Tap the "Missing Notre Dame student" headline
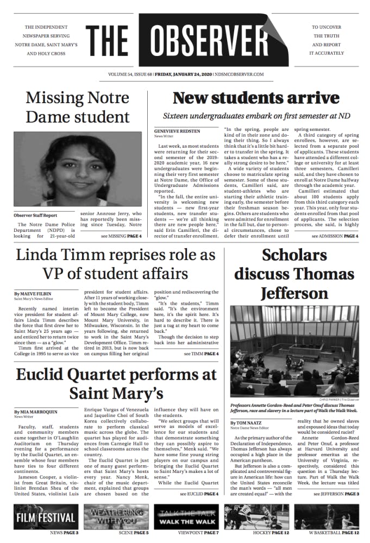click(x=78, y=108)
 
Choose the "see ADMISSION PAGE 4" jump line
click(x=335, y=237)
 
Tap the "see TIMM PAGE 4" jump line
click(x=201, y=354)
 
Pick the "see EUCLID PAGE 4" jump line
click(x=199, y=494)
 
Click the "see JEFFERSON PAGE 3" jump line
click(x=336, y=494)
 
